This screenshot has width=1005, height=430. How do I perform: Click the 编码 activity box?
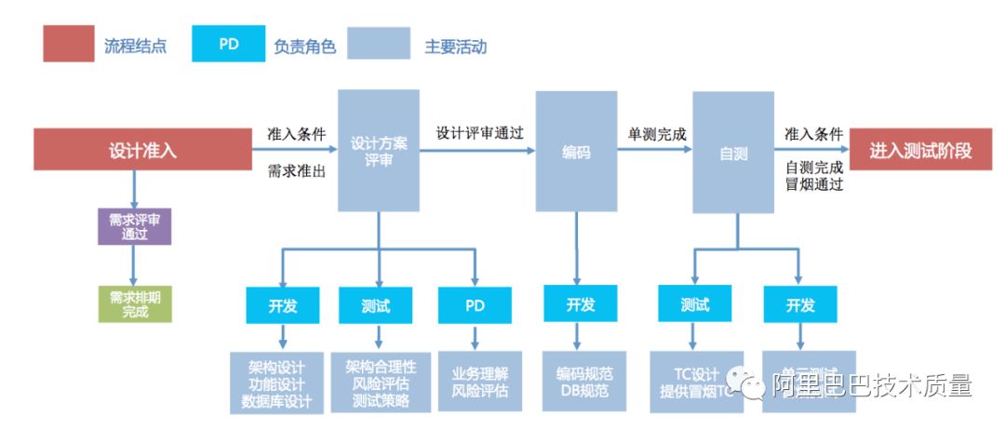click(576, 151)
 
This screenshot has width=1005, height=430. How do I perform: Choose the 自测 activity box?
click(733, 151)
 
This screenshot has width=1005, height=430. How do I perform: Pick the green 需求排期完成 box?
click(135, 303)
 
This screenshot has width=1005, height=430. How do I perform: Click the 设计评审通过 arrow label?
click(479, 132)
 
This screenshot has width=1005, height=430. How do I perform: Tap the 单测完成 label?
click(657, 133)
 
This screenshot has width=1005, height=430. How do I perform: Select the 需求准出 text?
click(296, 169)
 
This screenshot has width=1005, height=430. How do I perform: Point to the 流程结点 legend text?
click(136, 46)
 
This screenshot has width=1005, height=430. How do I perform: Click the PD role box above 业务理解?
click(475, 305)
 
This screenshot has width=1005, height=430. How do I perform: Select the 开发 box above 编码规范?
click(580, 305)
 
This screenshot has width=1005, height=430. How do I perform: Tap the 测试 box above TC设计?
click(694, 305)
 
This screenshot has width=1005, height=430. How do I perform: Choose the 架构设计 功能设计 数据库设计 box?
click(276, 382)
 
